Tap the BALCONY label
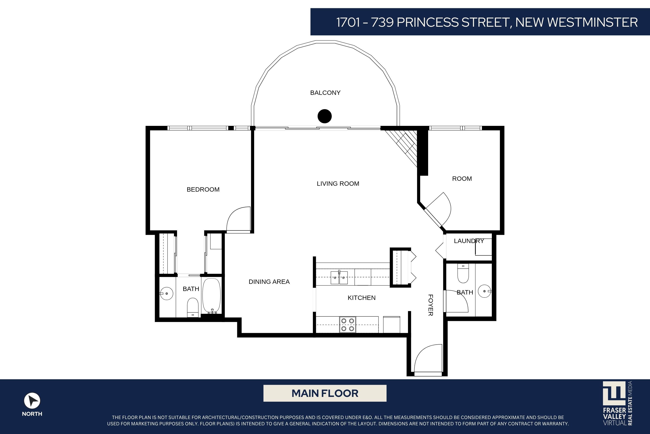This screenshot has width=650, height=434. pos(325,93)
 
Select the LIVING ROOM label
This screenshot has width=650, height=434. pos(338,184)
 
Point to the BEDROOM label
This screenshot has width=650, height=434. pos(203,190)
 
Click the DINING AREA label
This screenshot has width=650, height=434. pos(269,282)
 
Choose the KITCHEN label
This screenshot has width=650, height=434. pos(361,298)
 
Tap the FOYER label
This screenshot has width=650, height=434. pos(431,305)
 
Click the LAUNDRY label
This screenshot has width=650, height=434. pos(469,241)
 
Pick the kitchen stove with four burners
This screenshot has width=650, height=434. pos(348,325)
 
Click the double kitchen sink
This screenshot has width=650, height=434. pos(339,277)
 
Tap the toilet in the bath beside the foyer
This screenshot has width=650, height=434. pos(463,273)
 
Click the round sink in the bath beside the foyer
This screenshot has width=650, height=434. pos(485,291)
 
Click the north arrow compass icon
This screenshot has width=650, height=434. pos(32,401)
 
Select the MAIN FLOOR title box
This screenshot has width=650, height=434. pos(325,393)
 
